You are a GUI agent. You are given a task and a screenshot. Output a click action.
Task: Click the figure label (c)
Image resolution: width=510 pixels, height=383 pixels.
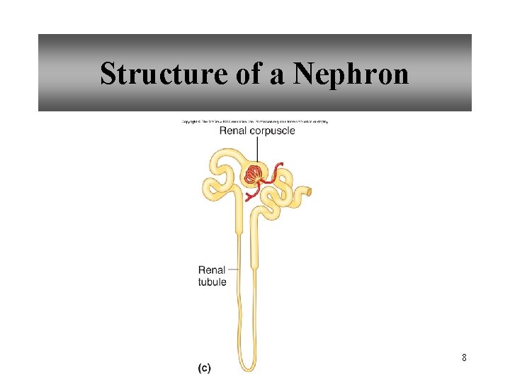204,367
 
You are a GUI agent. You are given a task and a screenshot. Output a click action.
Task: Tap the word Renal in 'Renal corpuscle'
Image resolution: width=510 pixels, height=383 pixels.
233,131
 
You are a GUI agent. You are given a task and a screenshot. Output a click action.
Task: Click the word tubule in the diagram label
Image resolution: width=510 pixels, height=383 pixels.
212,282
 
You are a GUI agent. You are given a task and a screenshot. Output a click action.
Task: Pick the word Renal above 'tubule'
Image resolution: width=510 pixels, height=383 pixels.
212,270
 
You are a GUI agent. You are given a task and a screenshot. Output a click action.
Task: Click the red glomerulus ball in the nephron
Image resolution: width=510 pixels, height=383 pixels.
253,174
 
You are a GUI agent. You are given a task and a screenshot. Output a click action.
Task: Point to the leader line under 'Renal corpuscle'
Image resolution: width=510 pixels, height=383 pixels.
256,149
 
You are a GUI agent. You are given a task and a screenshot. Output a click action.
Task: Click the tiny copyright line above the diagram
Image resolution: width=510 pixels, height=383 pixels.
255,121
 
